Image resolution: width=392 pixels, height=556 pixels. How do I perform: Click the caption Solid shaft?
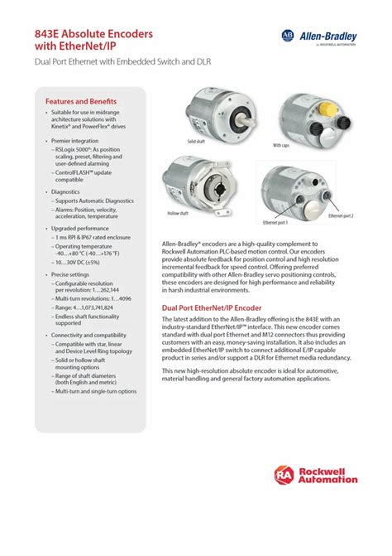click(197, 142)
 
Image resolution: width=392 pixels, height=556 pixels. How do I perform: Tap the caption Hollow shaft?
click(179, 213)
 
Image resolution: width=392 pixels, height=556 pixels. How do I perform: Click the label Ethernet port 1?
click(275, 222)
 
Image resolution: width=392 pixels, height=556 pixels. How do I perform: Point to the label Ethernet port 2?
click(340, 215)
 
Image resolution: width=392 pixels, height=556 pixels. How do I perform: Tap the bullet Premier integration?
click(79, 142)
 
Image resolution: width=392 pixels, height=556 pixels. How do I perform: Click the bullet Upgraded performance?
click(81, 227)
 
